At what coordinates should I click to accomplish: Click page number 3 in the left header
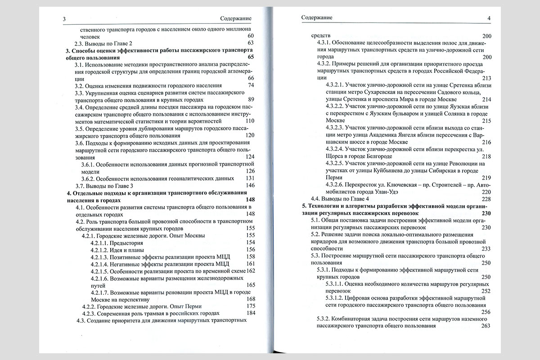point(65,18)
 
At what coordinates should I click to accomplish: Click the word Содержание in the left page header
point(236,18)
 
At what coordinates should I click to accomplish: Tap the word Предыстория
point(133,243)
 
